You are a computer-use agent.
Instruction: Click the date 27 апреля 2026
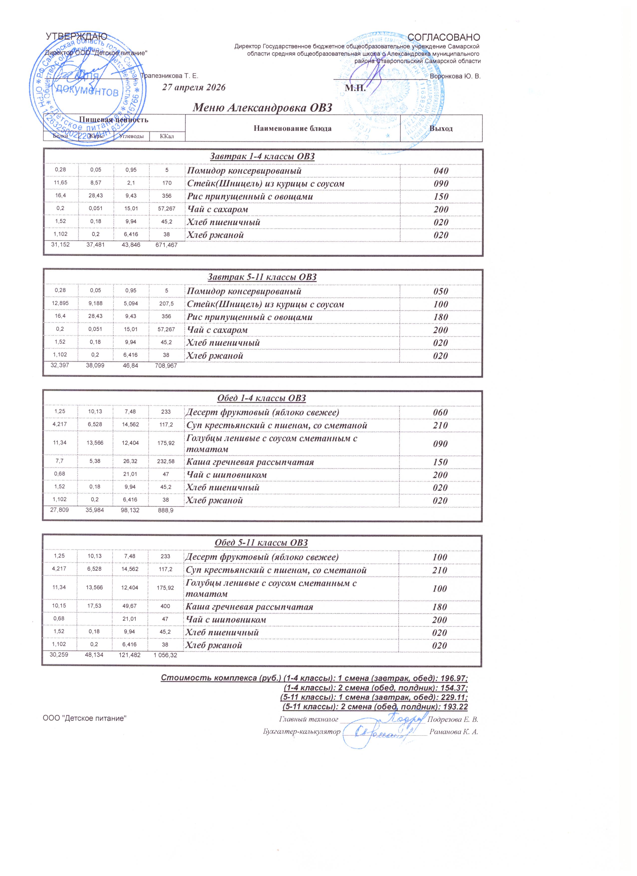coord(193,87)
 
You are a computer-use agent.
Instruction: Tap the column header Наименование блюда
coord(293,128)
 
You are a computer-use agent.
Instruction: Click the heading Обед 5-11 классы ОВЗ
coord(261,543)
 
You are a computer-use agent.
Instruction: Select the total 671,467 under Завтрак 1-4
coord(164,245)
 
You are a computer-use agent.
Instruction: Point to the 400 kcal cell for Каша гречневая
coord(165,606)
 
